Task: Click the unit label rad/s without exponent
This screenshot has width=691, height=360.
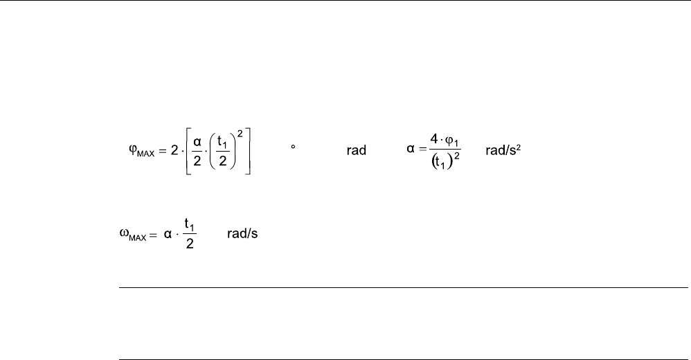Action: tap(242, 234)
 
